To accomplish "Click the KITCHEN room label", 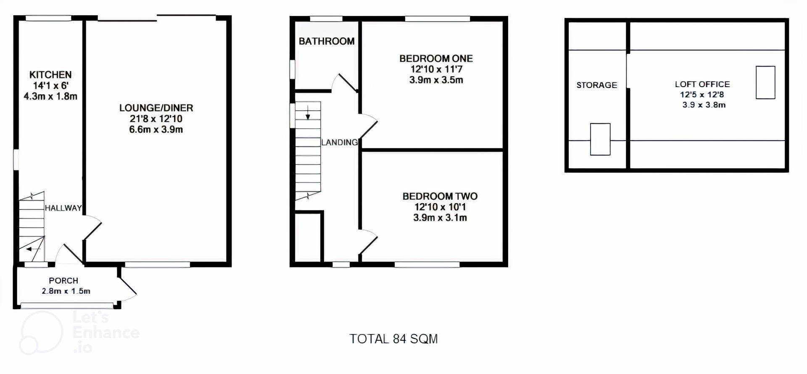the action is coord(50,75).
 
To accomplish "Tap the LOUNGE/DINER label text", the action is coord(156,108).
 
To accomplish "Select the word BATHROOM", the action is coord(327,41).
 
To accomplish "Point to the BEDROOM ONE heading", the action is coord(436,58).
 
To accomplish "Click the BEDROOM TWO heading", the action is coord(440,196).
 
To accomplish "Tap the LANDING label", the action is coord(340,142).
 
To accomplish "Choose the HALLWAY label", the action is coord(63,208).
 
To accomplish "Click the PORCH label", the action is coord(63,281).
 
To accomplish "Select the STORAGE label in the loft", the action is coord(597,85).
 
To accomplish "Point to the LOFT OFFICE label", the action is coord(702,84).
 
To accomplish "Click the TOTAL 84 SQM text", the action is coord(394,339).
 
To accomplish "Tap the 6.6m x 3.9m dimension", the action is coord(156,130).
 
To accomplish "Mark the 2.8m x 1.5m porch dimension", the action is coord(66,291).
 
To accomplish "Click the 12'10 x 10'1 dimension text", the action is coord(440,207).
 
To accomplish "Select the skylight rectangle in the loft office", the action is coord(765,82).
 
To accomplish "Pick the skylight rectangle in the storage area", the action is coord(600,139).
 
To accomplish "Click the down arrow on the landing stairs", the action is coord(308,112).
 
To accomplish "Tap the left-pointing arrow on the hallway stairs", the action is coord(33,249).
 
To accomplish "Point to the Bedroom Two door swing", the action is coord(369,241).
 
